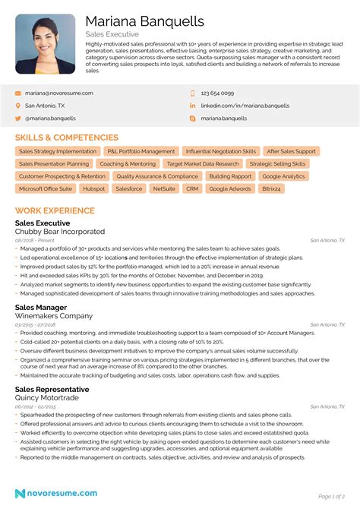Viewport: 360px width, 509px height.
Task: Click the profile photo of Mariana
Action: pos(45,44)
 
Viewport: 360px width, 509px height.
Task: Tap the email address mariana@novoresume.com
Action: pos(58,93)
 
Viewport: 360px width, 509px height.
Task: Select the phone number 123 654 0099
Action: pos(217,93)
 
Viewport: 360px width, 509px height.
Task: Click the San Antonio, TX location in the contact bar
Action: pos(45,106)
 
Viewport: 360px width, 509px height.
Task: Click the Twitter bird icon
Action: pos(17,119)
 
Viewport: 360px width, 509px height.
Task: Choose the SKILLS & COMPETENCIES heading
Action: pos(67,138)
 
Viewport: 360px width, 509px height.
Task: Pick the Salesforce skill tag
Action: pos(128,188)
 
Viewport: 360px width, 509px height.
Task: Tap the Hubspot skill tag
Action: pos(94,188)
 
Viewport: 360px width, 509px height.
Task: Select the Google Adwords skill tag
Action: pos(230,188)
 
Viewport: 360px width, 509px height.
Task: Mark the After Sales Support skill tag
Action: pos(292,151)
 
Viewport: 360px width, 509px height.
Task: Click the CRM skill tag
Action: pos(192,188)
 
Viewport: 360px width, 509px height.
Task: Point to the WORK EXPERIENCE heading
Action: pos(55,210)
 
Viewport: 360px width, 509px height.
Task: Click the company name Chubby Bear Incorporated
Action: pos(60,231)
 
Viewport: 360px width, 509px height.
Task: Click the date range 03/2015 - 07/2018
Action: pos(35,324)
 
